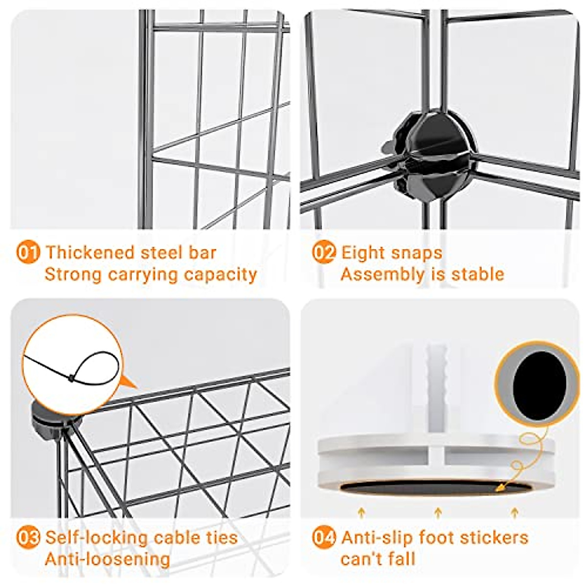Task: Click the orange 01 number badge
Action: tap(28, 253)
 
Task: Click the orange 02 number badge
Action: tap(324, 253)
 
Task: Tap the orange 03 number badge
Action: tap(28, 538)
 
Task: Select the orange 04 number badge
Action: tap(324, 538)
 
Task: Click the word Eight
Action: tap(362, 252)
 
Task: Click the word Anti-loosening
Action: tap(107, 559)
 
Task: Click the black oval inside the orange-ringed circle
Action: tap(537, 383)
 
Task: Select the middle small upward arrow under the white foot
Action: tap(438, 512)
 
